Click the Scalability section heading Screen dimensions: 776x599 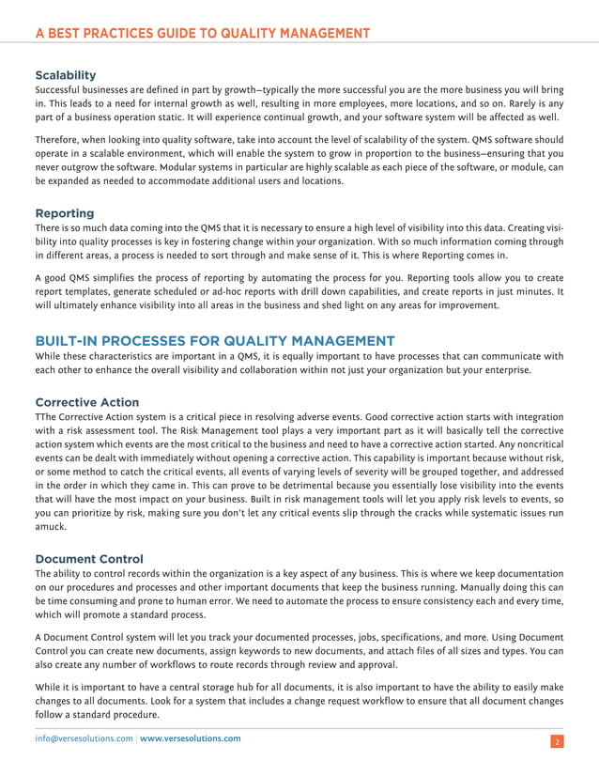click(65, 74)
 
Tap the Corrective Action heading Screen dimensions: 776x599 click(86, 402)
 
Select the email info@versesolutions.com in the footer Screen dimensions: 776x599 click(84, 738)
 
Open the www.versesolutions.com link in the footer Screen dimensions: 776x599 click(190, 738)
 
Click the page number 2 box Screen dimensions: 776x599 click(557, 742)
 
